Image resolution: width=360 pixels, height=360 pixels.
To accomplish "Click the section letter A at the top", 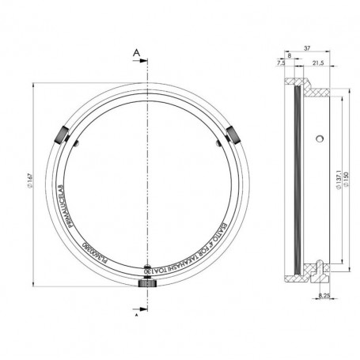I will click(x=136, y=52).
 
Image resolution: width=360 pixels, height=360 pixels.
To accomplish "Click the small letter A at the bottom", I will click(x=136, y=313).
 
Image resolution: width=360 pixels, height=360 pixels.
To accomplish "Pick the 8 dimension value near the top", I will click(x=290, y=55).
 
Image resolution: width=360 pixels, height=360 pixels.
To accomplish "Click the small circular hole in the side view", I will click(x=319, y=138).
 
